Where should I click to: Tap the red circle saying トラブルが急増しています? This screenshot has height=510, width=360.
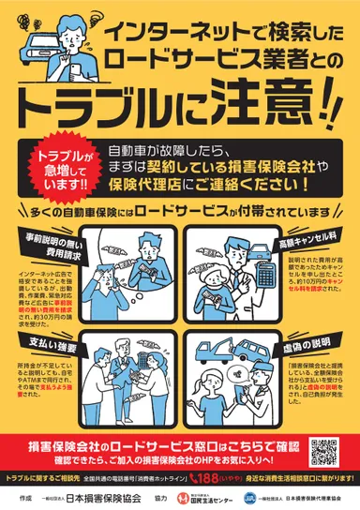[58, 167]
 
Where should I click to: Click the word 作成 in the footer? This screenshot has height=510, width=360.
[28, 497]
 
